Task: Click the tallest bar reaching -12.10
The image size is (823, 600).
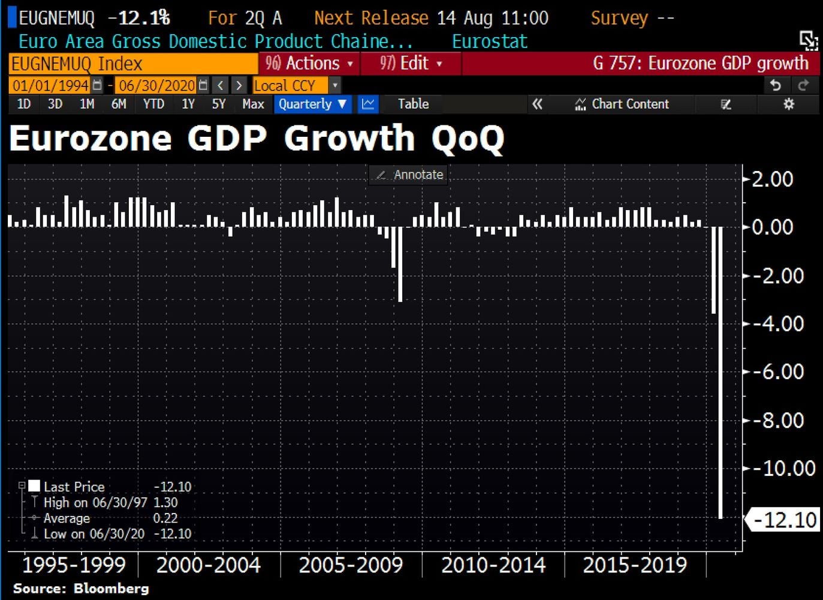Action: click(720, 372)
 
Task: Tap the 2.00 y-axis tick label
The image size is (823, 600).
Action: click(772, 179)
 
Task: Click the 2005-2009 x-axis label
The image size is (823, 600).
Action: click(351, 565)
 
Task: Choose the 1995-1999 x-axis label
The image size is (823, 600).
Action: click(74, 565)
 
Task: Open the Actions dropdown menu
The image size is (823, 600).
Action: click(309, 64)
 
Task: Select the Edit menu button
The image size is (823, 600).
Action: click(411, 64)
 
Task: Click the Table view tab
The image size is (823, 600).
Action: click(413, 104)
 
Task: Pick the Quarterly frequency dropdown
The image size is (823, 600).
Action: click(312, 104)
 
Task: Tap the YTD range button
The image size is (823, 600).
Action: click(153, 104)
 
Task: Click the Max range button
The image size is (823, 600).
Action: click(253, 104)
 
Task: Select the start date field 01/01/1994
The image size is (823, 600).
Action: click(50, 85)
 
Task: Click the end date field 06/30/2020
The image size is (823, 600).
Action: click(156, 85)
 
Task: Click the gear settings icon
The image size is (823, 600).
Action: click(789, 104)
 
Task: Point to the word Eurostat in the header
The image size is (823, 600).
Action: click(489, 41)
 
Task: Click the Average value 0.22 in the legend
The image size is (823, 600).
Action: click(165, 518)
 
